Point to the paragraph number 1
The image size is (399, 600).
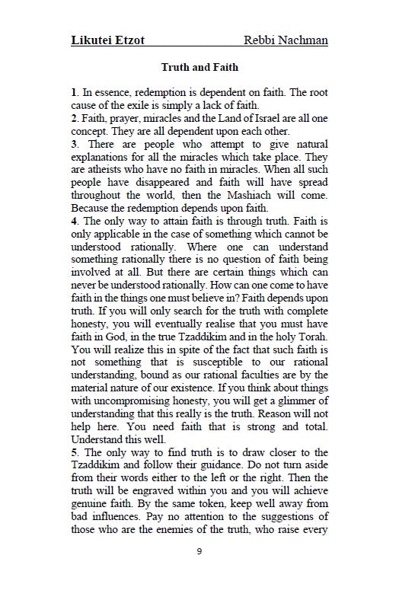click(x=73, y=92)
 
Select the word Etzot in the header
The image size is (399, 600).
click(x=137, y=40)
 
